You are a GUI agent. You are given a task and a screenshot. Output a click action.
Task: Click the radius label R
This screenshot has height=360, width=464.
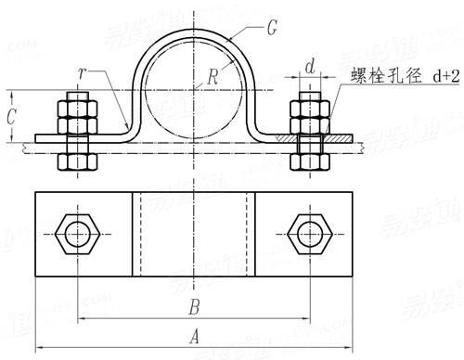point(213,79)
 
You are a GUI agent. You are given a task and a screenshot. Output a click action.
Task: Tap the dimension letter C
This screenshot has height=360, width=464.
point(10,117)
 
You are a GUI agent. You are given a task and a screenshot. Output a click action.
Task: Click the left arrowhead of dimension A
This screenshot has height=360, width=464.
point(40,348)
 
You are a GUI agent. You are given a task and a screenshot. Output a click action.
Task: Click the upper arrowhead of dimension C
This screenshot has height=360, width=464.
point(10,93)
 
